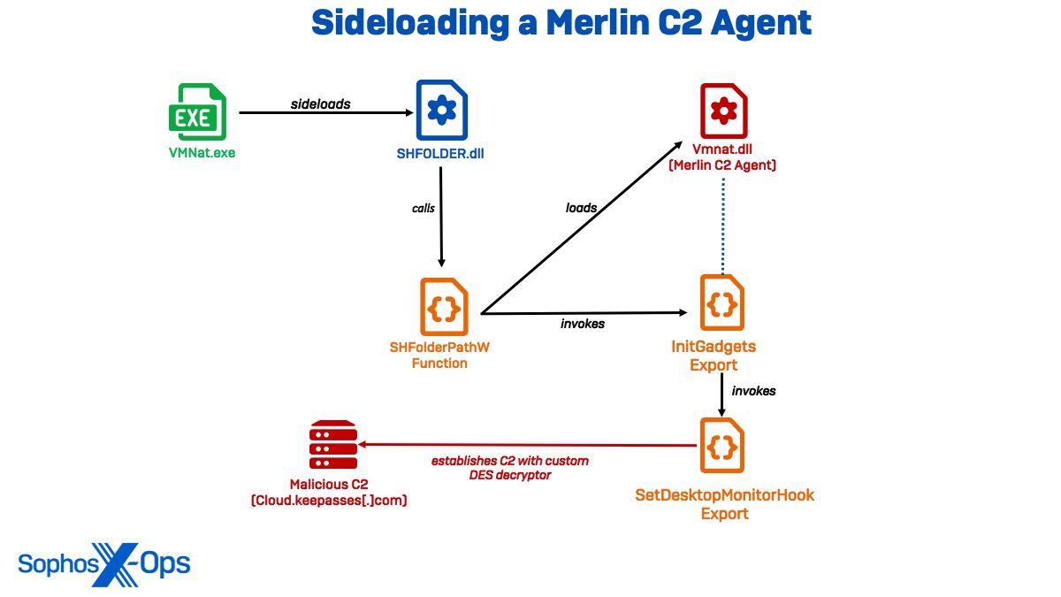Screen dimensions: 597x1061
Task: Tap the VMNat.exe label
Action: pos(202,152)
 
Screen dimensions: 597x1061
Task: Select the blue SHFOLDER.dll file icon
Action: pos(440,109)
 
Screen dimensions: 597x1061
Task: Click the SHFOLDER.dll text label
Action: pos(440,153)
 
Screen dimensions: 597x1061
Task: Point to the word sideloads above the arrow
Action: pos(321,103)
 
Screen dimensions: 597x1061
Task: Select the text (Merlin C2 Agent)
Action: pos(723,165)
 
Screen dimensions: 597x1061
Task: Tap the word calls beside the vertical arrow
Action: pos(424,209)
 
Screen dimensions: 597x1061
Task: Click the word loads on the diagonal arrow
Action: pos(581,208)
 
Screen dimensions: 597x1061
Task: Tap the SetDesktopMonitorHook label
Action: pos(725,495)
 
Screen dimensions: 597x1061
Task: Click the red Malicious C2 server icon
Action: pos(333,446)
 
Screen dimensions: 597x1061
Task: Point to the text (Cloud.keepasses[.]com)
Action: pos(335,501)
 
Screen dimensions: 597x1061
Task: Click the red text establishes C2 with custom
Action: pos(509,461)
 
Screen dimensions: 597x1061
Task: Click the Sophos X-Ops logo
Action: pos(103,563)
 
